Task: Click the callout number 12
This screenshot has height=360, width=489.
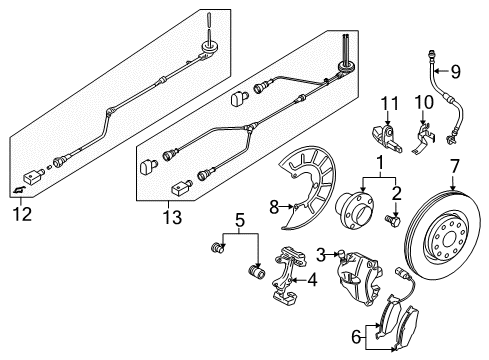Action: [22, 214]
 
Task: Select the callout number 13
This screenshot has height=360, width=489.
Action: [172, 218]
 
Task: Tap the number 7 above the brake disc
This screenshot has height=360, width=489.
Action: [454, 167]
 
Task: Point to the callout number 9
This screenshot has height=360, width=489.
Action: [456, 72]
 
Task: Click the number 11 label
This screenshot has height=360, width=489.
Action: [389, 104]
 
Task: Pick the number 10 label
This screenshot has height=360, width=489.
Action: [424, 102]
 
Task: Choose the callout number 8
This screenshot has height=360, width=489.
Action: [274, 207]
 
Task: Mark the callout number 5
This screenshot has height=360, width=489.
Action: [240, 221]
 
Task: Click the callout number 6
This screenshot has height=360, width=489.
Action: [356, 338]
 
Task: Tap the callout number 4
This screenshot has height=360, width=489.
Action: [312, 280]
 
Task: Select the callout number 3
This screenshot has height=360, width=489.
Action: [320, 255]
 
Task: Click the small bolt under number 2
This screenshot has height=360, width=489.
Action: [393, 220]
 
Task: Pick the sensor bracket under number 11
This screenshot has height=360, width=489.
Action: [387, 138]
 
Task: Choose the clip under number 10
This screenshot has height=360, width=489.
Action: [423, 139]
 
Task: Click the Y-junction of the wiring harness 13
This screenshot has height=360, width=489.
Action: [250, 127]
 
